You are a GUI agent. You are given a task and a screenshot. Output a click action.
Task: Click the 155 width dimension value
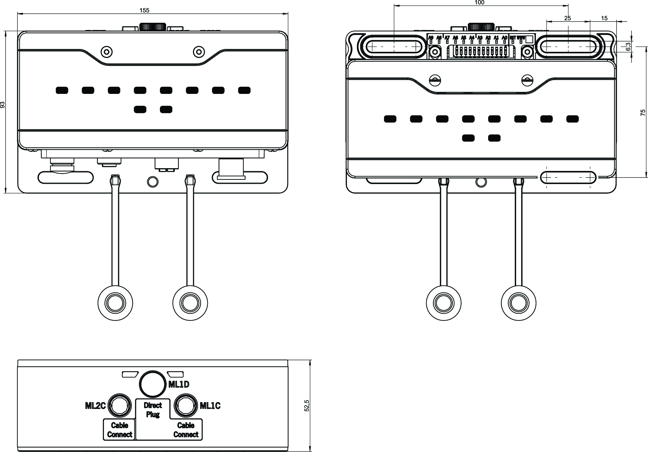144,10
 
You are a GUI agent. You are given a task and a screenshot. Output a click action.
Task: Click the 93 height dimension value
3,104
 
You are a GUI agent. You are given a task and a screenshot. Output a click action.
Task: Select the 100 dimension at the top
479,3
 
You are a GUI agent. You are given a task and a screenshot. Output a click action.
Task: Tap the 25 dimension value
567,18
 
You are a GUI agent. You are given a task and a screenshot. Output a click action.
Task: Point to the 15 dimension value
604,18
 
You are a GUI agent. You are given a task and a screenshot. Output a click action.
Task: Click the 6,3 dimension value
628,46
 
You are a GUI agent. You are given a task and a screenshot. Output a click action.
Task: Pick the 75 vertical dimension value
643,113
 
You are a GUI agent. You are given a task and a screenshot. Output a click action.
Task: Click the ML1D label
179,384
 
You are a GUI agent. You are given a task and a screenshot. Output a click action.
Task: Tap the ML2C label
95,406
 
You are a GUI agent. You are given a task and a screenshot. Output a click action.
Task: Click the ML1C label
210,406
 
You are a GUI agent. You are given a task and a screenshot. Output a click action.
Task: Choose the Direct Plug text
153,410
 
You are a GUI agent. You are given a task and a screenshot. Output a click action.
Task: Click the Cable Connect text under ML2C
119,430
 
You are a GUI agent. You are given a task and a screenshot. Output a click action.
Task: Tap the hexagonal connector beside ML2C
119,406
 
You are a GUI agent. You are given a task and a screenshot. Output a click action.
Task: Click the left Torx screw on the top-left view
107,52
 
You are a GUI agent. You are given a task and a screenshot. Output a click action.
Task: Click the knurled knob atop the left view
152,27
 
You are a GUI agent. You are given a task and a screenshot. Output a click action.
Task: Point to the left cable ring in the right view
443,303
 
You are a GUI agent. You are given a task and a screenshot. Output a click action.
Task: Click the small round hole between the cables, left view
152,182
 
